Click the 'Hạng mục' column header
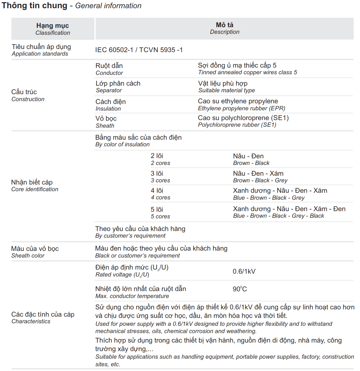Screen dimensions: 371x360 [x=52, y=26]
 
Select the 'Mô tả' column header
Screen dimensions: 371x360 [x=225, y=25]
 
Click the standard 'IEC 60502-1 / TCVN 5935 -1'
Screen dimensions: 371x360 [x=139, y=50]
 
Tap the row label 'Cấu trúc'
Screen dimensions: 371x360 [x=24, y=92]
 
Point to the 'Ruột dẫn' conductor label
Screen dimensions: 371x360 [x=109, y=66]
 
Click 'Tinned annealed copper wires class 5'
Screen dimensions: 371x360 [x=247, y=72]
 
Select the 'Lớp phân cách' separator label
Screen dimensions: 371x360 [x=118, y=83]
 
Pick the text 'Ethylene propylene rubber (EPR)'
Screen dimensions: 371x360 [x=241, y=108]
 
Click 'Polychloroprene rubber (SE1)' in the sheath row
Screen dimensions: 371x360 [x=237, y=125]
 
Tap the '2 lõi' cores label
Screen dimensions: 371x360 [x=157, y=156]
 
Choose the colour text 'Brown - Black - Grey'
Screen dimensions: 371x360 [x=260, y=180]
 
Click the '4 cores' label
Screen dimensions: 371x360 [x=160, y=198]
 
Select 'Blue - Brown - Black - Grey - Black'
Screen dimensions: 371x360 [x=279, y=216]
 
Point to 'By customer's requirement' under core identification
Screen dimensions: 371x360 [x=130, y=236]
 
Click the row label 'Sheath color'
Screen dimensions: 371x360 [x=28, y=256]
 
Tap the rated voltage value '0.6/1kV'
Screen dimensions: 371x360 [x=244, y=271]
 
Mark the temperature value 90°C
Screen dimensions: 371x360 [x=240, y=289]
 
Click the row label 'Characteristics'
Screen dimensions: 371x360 [x=31, y=321]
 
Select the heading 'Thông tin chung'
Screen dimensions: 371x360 [x=34, y=6]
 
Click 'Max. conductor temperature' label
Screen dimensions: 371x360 [x=132, y=296]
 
